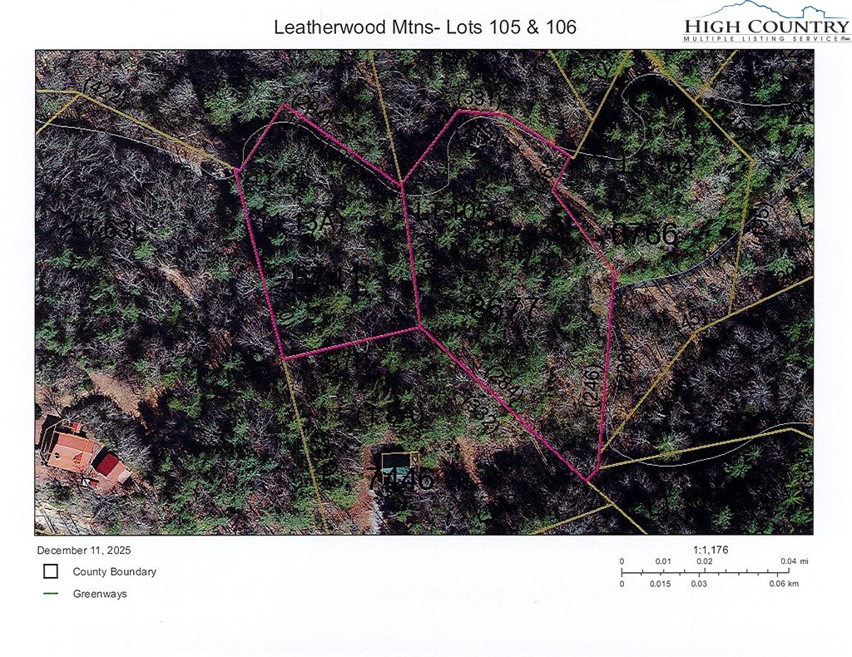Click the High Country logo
click(x=765, y=22)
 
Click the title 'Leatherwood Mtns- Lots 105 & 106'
click(x=425, y=27)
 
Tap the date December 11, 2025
click(x=84, y=551)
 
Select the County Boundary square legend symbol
click(x=51, y=571)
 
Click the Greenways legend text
click(x=100, y=594)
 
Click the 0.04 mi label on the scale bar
click(x=794, y=561)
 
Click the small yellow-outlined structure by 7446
click(x=399, y=463)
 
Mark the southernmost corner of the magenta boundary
click(x=588, y=481)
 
